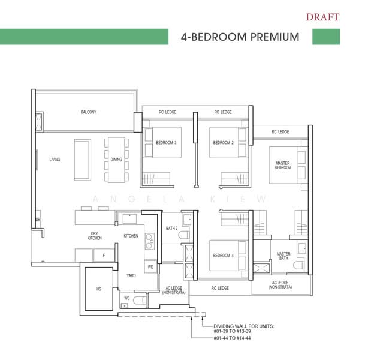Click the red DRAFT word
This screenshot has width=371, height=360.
322,16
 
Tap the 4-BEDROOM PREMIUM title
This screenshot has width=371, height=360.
240,37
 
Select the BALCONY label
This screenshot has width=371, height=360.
89,112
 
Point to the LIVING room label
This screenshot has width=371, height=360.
55,160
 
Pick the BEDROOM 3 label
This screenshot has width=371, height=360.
166,143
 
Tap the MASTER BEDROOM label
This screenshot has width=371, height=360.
283,165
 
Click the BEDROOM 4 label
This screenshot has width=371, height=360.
223,256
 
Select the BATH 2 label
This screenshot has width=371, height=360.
172,229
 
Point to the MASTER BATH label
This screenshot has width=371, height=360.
283,256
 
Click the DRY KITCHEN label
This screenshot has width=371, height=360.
95,236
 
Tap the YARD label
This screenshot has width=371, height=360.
131,275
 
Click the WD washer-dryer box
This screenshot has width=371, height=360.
150,267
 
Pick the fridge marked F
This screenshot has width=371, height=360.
103,255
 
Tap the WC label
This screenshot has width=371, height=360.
127,298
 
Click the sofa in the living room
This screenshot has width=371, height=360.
82,160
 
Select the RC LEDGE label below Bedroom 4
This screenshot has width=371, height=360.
220,289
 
